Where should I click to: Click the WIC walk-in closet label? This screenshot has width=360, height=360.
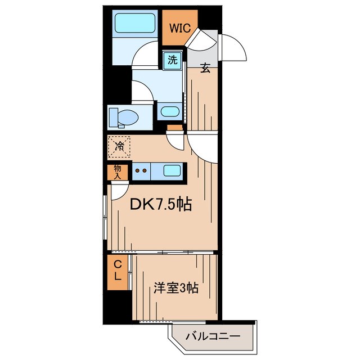[179, 28]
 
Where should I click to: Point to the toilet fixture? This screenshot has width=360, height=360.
[123, 118]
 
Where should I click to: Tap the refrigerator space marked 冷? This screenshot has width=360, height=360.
[119, 147]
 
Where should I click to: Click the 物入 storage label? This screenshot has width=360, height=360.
[117, 172]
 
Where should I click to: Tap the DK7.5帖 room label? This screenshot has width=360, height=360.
[161, 205]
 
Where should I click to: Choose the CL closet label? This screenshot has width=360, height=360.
[118, 271]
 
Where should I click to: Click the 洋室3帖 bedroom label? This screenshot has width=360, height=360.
[176, 289]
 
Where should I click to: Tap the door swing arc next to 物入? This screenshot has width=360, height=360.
[119, 192]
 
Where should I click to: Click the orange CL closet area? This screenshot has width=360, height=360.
[118, 281]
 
